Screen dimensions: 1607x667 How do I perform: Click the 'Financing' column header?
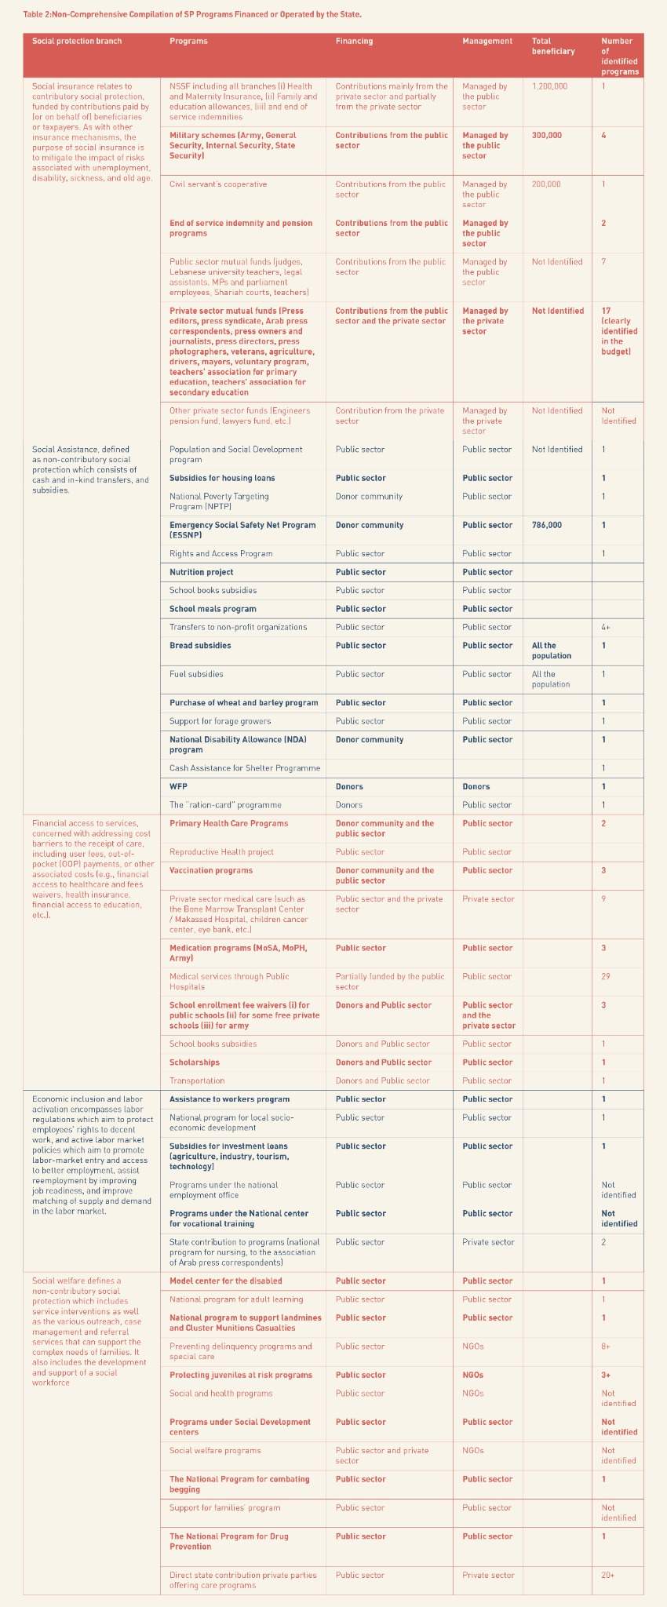click(354, 41)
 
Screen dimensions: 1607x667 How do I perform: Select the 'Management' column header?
click(487, 41)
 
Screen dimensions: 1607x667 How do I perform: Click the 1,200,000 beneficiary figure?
click(549, 86)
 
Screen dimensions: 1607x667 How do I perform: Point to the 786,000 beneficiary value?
click(547, 525)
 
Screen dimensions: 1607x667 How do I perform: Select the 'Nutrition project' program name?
click(201, 572)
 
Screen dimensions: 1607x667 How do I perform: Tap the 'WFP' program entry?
click(178, 786)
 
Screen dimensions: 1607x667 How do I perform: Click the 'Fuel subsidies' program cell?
click(196, 674)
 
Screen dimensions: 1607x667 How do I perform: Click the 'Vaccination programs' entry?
click(211, 870)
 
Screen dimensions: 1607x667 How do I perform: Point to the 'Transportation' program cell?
click(197, 1080)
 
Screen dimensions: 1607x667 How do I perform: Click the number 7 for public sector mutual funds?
click(603, 261)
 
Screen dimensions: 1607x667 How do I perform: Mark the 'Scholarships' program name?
click(195, 1062)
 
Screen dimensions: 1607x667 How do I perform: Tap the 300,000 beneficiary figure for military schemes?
click(547, 135)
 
